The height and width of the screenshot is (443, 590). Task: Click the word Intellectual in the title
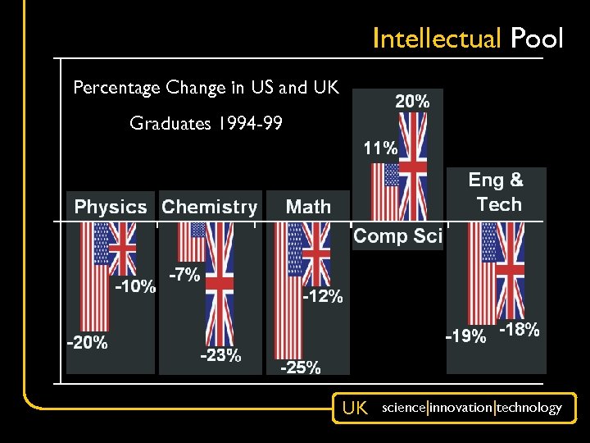(438, 39)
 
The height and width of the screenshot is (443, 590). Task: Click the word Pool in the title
(538, 39)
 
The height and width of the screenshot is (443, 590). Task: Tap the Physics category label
(111, 207)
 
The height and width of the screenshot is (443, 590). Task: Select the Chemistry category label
(210, 207)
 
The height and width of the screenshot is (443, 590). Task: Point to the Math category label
(308, 207)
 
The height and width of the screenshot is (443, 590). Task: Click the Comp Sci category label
(397, 237)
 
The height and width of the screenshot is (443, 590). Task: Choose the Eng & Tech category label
(496, 191)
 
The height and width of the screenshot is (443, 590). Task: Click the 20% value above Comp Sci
(412, 102)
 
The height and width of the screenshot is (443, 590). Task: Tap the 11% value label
(380, 148)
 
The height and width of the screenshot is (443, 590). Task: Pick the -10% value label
(135, 287)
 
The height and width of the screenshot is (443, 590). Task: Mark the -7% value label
(184, 276)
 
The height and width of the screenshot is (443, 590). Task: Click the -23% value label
(220, 356)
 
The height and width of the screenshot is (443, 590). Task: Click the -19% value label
(465, 336)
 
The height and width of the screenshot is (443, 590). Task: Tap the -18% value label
(520, 330)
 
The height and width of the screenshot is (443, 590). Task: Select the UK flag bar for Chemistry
(220, 283)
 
